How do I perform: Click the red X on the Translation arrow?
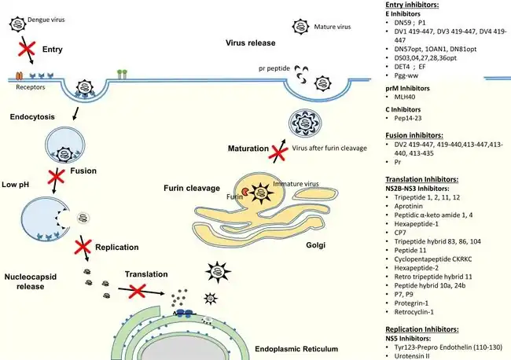click(x=138, y=291)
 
